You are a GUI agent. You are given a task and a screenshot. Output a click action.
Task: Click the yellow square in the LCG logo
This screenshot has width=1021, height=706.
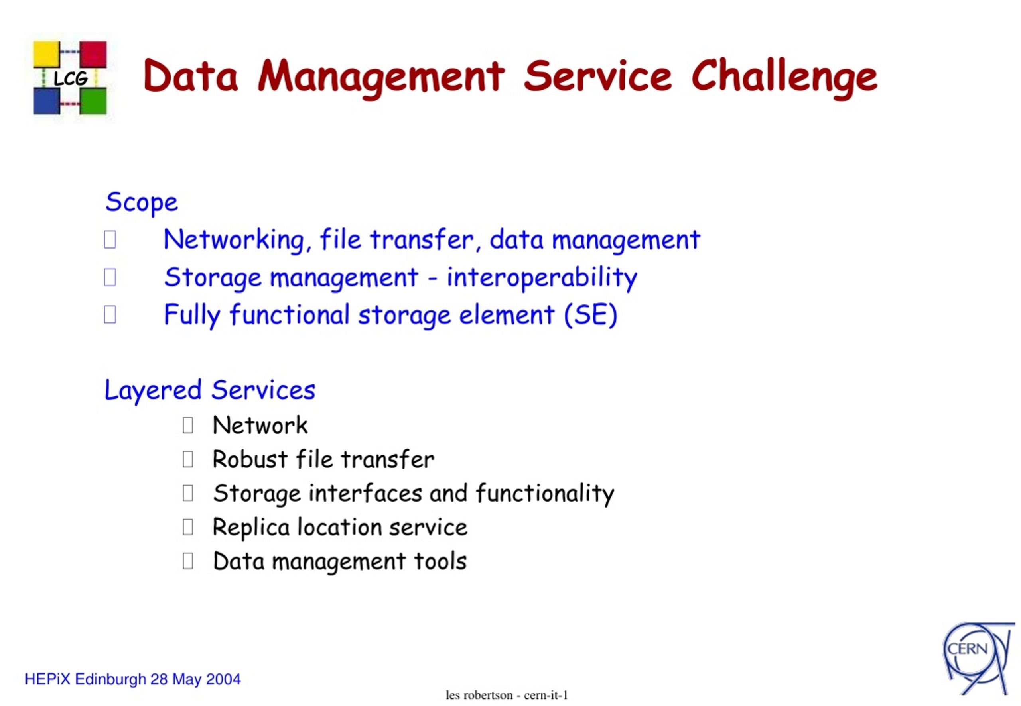click(x=47, y=54)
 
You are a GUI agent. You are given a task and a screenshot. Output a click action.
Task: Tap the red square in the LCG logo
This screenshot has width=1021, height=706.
click(x=93, y=54)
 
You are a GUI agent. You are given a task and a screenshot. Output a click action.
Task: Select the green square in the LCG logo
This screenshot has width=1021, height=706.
click(x=93, y=101)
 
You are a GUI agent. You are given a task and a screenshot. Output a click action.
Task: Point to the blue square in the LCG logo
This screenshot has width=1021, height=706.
click(x=47, y=101)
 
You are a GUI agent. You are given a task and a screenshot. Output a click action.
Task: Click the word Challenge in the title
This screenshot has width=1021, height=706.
click(x=784, y=78)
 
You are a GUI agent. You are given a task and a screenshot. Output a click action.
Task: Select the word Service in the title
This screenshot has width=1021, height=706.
click(x=598, y=76)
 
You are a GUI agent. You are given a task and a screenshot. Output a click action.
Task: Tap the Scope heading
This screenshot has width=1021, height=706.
click(x=142, y=203)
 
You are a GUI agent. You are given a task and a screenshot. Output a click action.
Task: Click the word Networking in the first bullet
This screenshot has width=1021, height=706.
click(x=234, y=240)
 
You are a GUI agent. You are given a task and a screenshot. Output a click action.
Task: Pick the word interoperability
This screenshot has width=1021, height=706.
click(x=542, y=278)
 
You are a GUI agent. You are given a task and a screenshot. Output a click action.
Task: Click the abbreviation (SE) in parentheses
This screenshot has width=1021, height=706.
click(x=591, y=315)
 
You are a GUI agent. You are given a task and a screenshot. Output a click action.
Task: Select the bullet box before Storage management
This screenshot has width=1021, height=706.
click(x=110, y=277)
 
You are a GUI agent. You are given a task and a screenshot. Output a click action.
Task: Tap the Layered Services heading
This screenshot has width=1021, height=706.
click(x=210, y=390)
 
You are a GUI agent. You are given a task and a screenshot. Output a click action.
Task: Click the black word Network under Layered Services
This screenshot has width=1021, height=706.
click(x=260, y=426)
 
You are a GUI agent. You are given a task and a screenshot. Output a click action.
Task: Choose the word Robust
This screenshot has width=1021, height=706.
click(x=250, y=459)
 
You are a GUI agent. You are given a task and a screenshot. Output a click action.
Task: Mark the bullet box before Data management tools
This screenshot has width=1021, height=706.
click(x=188, y=561)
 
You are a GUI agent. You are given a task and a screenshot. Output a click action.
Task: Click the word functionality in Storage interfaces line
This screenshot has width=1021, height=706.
click(x=545, y=494)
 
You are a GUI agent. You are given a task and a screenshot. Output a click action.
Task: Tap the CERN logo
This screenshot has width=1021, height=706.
click(x=978, y=658)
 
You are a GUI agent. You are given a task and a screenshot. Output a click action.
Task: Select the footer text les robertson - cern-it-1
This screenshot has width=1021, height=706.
click(x=507, y=695)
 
